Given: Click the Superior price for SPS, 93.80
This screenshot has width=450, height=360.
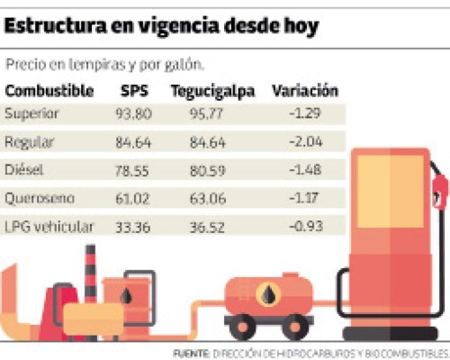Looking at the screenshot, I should [x=138, y=113].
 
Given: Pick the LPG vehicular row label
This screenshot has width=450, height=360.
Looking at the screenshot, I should [x=49, y=226].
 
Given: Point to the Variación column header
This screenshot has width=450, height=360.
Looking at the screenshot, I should [x=305, y=91].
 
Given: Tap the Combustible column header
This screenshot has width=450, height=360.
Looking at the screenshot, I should [x=49, y=91].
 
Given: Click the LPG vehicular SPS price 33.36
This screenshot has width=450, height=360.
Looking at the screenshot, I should [x=138, y=226].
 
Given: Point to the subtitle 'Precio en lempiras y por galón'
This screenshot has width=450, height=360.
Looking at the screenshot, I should [x=103, y=65].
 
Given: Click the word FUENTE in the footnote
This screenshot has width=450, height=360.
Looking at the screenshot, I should [x=190, y=351].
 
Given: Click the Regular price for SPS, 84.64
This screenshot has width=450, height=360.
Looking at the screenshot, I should [x=138, y=141].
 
